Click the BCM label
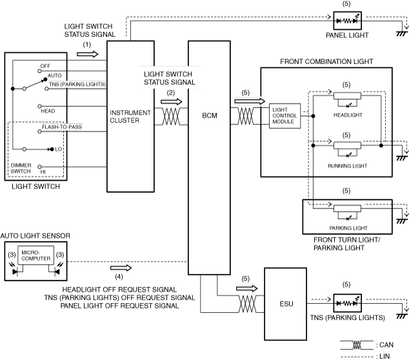pos(210,115)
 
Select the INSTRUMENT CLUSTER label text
pos(130,116)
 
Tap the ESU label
pos(286,304)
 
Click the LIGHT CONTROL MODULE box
pos(284,116)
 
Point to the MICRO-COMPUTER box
pos(35,255)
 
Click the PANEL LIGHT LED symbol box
pos(348,21)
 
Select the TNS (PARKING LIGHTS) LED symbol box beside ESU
pos(348,303)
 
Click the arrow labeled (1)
pos(87,54)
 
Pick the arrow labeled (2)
pos(171,102)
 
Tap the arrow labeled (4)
pos(121,268)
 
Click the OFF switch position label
pos(45,66)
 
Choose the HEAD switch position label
pos(48,111)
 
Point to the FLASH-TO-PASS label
pos(62,127)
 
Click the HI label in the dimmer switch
pos(43,172)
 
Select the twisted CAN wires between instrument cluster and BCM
pos(171,116)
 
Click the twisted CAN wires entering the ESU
pos(247,304)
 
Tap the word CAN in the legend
pos(386,345)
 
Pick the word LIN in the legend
pos(384,356)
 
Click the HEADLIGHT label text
pos(348,115)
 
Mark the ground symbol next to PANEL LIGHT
pos(402,34)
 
